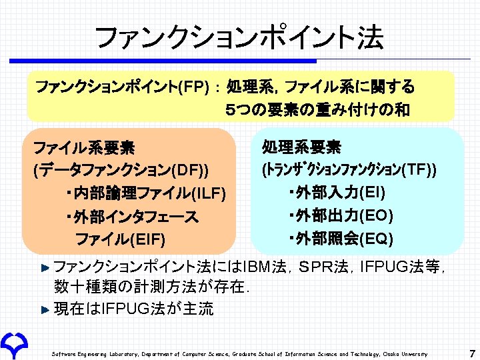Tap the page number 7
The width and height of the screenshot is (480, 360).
(471, 353)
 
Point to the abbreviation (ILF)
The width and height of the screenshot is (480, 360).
(209, 194)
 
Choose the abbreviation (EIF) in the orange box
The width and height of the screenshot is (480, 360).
(147, 239)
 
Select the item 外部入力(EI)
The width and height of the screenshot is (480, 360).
(337, 194)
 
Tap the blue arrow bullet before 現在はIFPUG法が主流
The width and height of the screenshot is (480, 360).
(45, 309)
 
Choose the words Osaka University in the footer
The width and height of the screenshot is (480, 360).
(407, 354)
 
